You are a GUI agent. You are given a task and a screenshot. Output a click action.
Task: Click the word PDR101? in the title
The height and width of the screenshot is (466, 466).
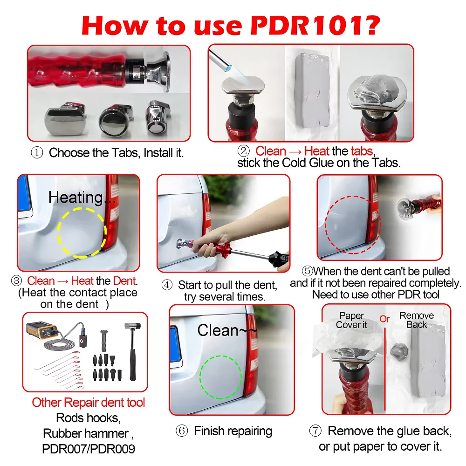coord(315,26)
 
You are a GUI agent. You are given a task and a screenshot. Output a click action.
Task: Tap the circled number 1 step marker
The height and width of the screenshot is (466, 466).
coord(37,153)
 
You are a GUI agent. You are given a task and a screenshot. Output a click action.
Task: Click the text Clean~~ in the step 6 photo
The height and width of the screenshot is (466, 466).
coord(227,330)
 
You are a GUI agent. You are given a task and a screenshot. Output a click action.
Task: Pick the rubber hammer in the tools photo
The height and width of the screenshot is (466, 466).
coord(132,351)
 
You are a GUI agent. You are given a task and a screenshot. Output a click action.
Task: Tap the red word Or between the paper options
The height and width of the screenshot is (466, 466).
coord(384,319)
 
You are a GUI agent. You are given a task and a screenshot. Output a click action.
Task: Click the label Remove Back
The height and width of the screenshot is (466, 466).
coord(417,320)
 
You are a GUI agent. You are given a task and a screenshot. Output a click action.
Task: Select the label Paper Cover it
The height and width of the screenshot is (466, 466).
coord(351,320)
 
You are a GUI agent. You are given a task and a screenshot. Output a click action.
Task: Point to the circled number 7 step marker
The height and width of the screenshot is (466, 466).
coord(315,431)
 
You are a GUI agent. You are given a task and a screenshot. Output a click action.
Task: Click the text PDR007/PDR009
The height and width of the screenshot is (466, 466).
coord(89,449)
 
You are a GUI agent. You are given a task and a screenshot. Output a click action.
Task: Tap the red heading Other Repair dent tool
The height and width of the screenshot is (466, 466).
coord(89,403)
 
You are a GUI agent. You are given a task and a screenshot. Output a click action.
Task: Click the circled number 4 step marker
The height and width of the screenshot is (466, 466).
coord(167,285)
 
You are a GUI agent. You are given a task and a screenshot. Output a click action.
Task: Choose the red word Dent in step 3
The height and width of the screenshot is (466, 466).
coord(125,281)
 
